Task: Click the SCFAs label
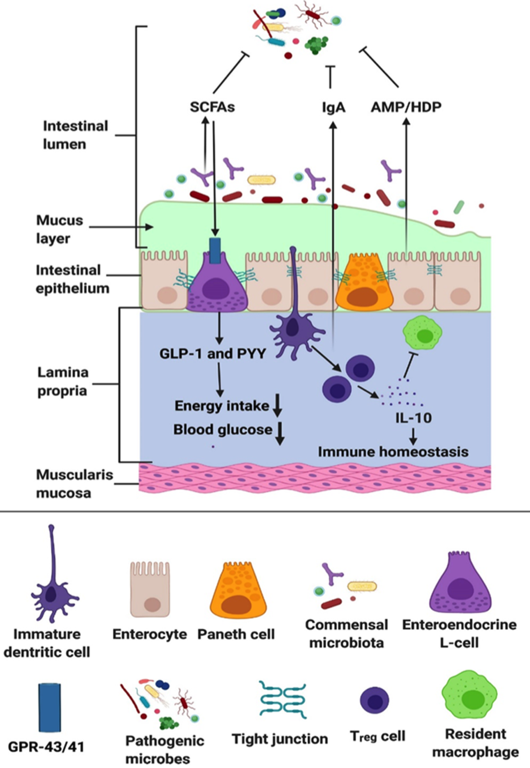[212, 107]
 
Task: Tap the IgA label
[333, 107]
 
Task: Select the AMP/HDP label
[406, 107]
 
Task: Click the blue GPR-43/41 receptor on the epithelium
[215, 250]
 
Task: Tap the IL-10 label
[413, 417]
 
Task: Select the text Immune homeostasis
[393, 452]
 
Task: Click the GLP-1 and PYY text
[213, 353]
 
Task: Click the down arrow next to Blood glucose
[280, 433]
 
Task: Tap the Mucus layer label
[59, 229]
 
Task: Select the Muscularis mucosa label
[67, 483]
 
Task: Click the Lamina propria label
[62, 381]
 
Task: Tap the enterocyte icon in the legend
[149, 589]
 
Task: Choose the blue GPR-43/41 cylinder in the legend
[49, 708]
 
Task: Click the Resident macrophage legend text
[476, 743]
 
